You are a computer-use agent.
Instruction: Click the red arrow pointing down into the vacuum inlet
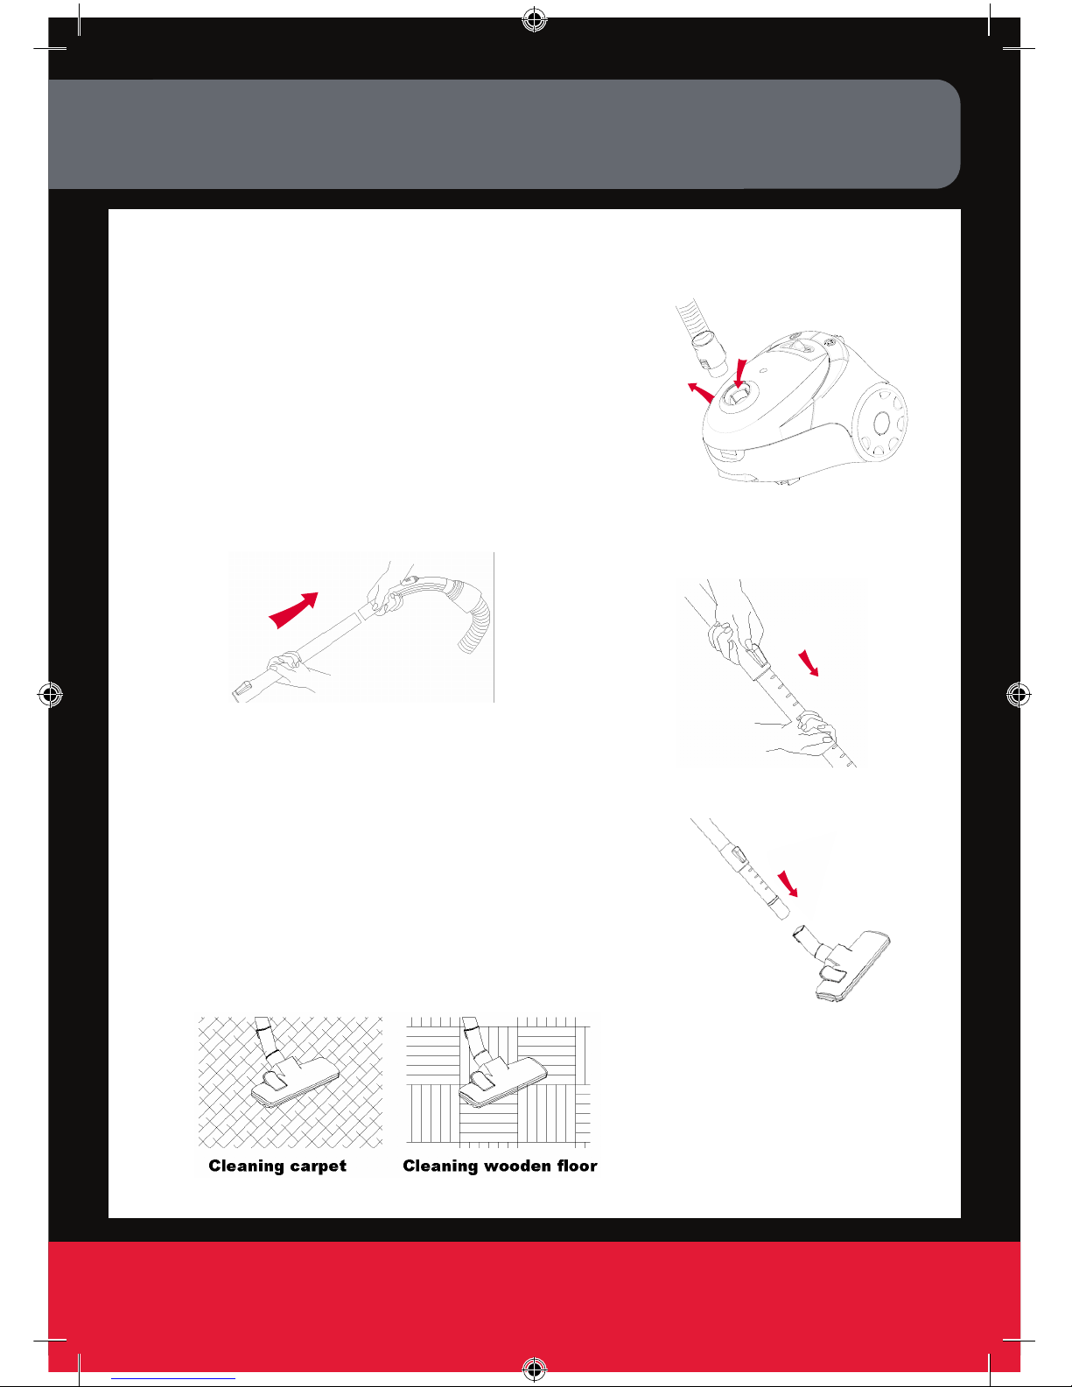740,374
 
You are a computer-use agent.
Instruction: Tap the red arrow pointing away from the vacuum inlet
701,393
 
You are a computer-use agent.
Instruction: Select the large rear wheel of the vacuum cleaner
882,422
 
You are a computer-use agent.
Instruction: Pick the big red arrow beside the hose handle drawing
293,610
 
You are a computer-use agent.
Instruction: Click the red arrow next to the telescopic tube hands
809,663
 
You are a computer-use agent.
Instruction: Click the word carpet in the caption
318,1166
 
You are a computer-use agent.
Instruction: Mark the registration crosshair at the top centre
535,20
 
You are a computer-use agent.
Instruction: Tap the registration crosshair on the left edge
50,694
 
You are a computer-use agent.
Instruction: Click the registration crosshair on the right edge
1019,694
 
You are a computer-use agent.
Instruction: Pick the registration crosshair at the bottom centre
535,1367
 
